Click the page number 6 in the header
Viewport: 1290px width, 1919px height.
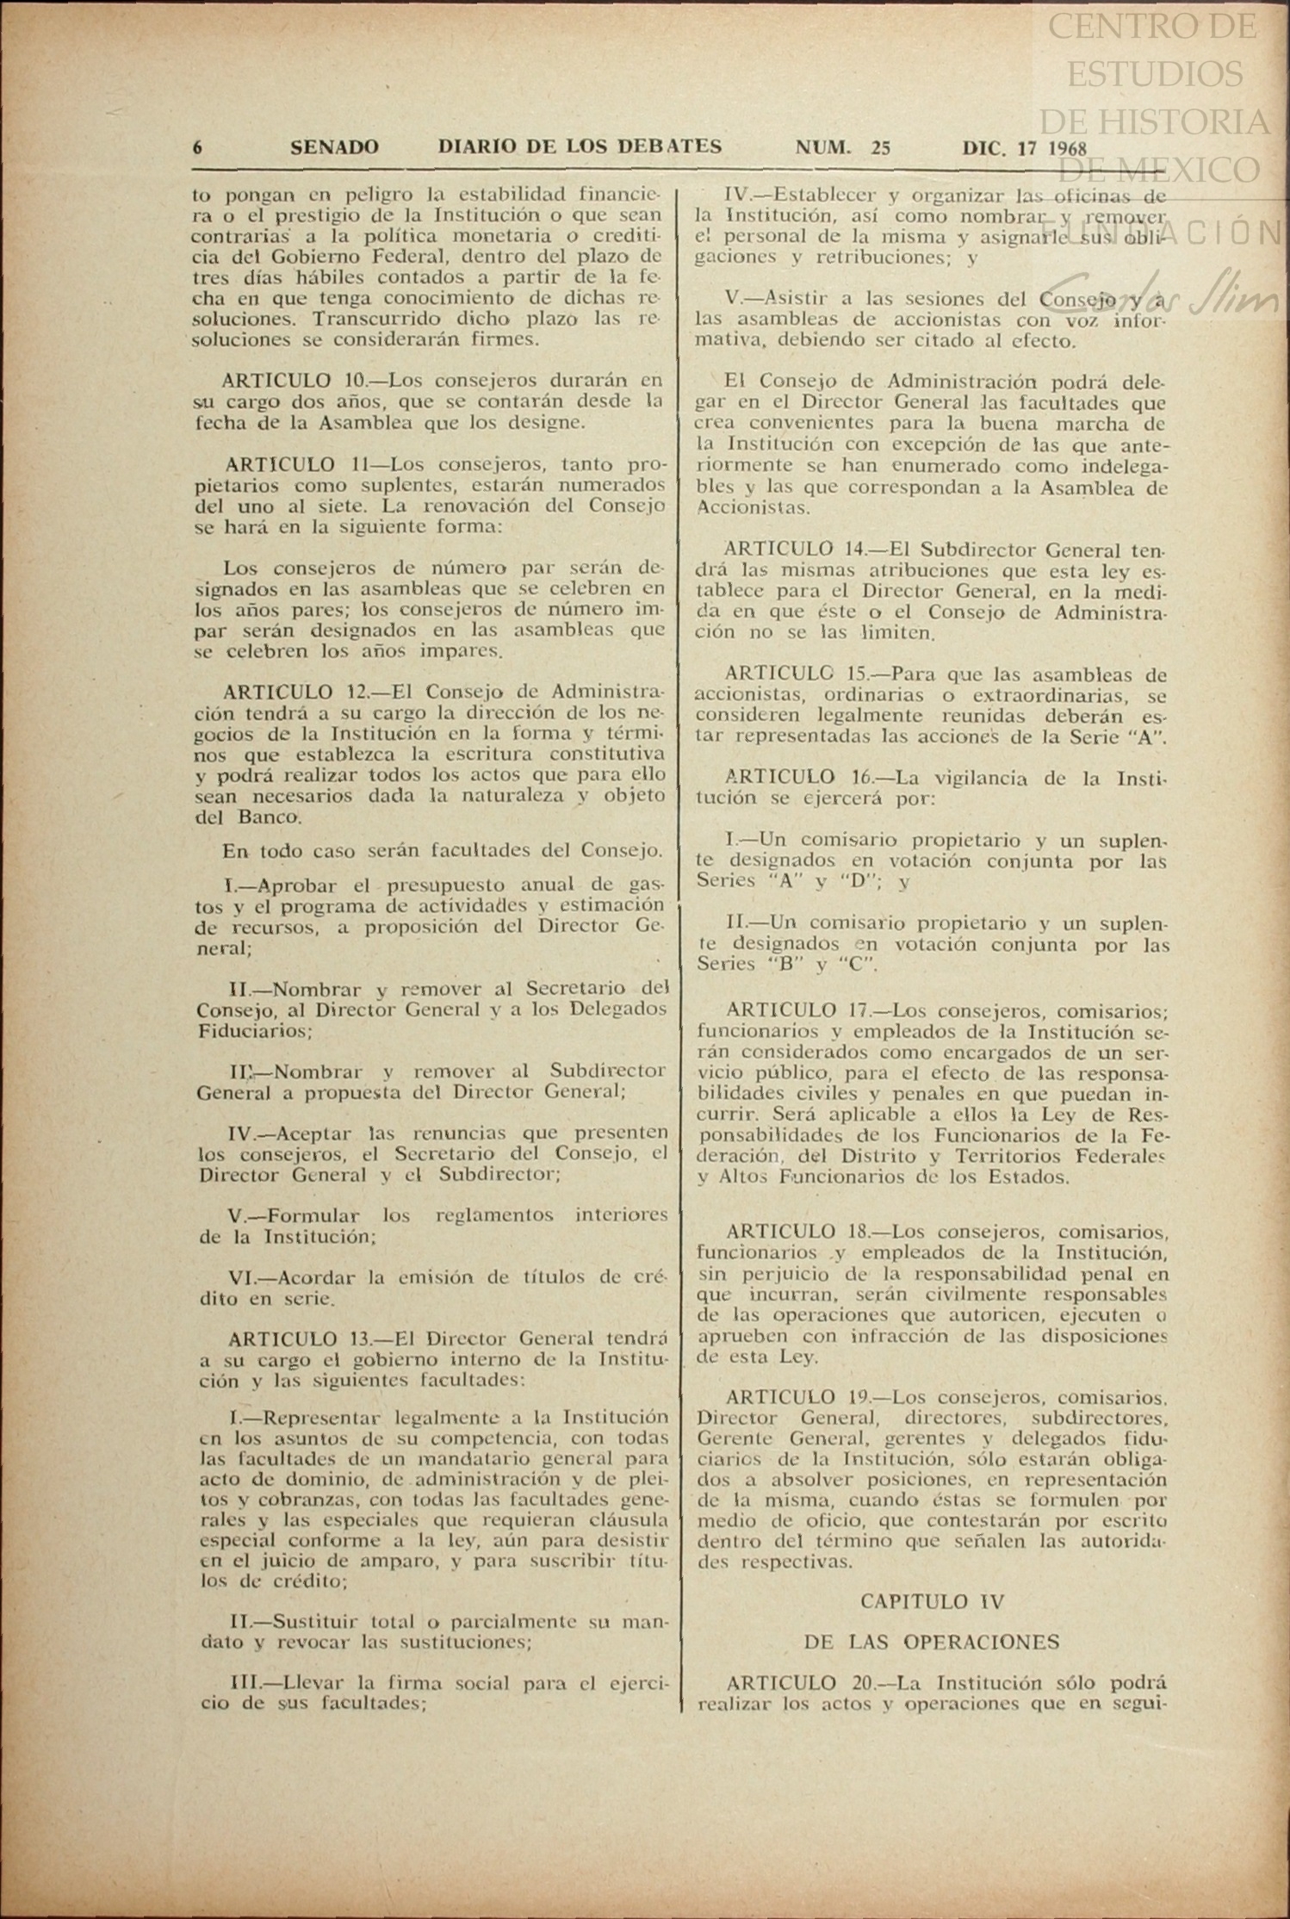point(197,147)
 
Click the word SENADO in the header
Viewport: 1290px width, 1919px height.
point(334,147)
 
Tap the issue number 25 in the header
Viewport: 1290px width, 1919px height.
point(880,147)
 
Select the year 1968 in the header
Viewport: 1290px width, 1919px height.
point(1068,148)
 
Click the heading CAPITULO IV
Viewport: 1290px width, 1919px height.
point(932,1601)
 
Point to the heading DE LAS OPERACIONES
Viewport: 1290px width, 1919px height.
point(932,1642)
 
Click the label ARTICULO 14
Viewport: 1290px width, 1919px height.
point(794,549)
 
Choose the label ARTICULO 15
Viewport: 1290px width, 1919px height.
point(794,674)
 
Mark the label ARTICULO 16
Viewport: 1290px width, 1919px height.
point(794,778)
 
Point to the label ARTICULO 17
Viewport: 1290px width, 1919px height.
point(794,1009)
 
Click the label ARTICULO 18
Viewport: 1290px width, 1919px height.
point(794,1231)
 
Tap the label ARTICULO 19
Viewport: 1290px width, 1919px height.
point(794,1397)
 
